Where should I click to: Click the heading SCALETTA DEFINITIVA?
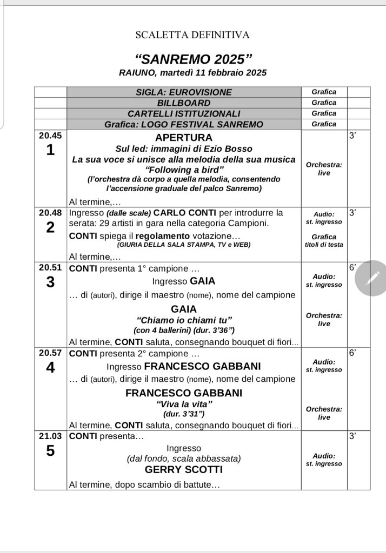tap(192, 35)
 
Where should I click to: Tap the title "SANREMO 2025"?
tap(192, 59)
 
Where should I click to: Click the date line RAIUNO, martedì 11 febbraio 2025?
tap(192, 72)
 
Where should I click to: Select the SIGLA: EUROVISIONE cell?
tap(184, 92)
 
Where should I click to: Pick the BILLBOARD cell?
tap(184, 103)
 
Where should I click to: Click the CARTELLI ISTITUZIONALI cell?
tap(184, 113)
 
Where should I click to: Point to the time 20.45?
tap(50, 136)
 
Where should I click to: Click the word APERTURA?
tap(184, 138)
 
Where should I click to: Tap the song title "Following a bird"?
tap(184, 170)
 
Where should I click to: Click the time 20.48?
tap(50, 213)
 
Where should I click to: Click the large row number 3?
tap(50, 282)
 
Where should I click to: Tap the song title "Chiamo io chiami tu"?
tap(184, 320)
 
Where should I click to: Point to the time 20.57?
tap(50, 353)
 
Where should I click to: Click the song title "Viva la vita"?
tap(184, 404)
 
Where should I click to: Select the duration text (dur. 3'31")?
tap(184, 414)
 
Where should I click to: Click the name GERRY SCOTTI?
tap(184, 470)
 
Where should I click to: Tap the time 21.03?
tap(50, 436)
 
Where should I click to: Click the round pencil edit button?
tap(372, 278)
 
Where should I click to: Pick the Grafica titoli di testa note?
tap(324, 240)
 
